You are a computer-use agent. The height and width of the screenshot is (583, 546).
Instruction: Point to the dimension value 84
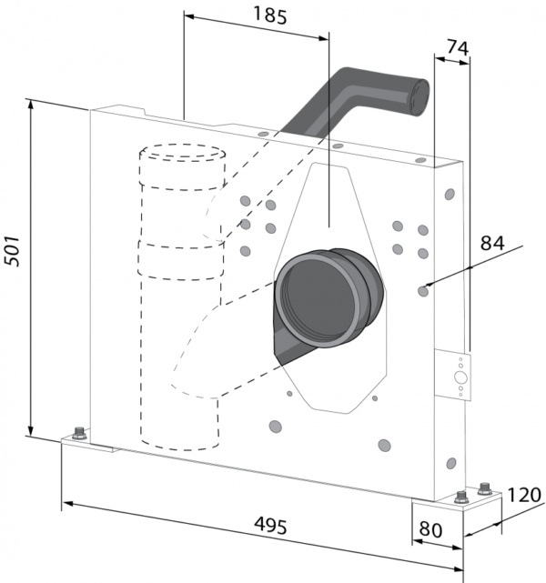pos(492,244)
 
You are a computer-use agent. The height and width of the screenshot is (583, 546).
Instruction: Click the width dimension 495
pos(270,527)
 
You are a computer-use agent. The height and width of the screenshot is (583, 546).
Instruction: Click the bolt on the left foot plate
pos(78,431)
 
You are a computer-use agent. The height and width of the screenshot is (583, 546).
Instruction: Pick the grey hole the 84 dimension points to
pos(423,290)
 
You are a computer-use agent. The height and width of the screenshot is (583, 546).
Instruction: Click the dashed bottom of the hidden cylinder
pos(180,446)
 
